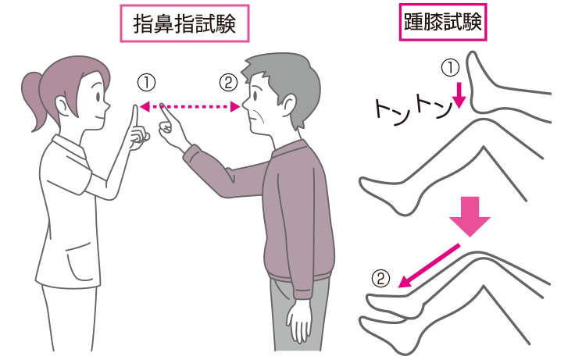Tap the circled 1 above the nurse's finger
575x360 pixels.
click(146, 81)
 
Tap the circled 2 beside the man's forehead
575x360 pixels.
click(227, 81)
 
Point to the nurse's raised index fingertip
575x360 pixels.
click(135, 107)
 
